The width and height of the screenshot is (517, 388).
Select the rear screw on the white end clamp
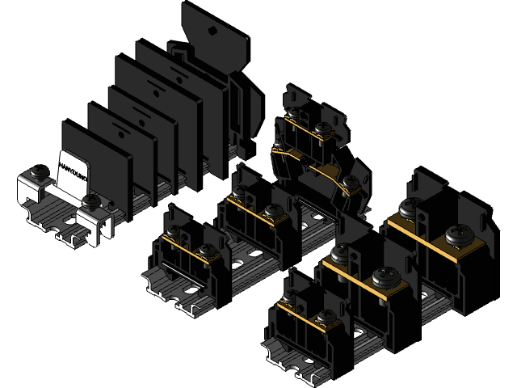[x=38, y=172]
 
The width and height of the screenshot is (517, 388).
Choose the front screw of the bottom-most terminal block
[x=326, y=316]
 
